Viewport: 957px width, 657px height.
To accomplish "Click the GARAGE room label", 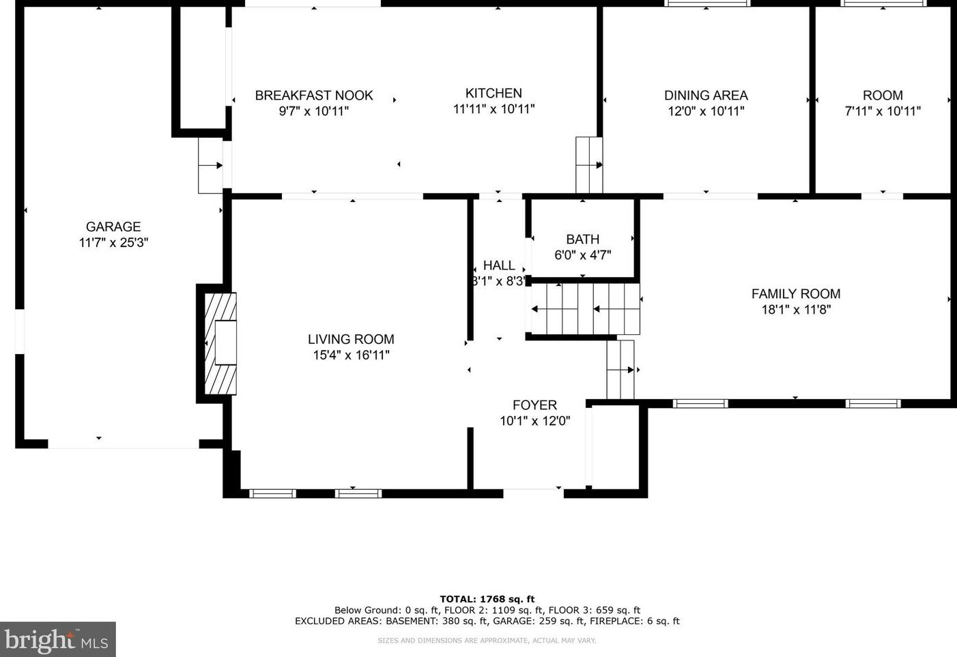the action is (113, 227).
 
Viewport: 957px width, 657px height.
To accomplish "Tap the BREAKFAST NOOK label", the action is (314, 96).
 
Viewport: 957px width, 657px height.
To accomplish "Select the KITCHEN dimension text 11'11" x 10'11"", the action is (494, 109).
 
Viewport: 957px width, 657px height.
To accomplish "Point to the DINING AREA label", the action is (706, 96).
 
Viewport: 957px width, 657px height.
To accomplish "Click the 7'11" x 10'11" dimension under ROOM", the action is (883, 111).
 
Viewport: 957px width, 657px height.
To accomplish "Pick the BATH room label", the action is (583, 239).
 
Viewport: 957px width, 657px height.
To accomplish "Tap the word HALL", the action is (499, 265).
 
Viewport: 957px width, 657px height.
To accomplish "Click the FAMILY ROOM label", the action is (796, 294).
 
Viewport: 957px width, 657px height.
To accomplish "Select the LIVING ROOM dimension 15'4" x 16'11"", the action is (351, 355).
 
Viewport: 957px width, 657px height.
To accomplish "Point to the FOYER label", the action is (535, 405).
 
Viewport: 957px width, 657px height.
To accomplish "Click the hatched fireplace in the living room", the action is (220, 343).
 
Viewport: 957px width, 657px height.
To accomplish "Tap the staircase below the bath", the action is (585, 308).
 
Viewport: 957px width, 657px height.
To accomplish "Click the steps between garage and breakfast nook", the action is (211, 165).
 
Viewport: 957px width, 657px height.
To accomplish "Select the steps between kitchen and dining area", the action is (589, 165).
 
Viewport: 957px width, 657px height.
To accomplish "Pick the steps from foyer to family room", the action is (620, 370).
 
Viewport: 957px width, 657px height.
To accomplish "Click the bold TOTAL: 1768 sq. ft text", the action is (487, 599).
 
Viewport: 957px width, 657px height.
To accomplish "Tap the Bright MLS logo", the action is (57, 639).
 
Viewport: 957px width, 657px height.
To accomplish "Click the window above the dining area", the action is (707, 3).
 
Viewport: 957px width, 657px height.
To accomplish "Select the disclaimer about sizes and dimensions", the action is (487, 641).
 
